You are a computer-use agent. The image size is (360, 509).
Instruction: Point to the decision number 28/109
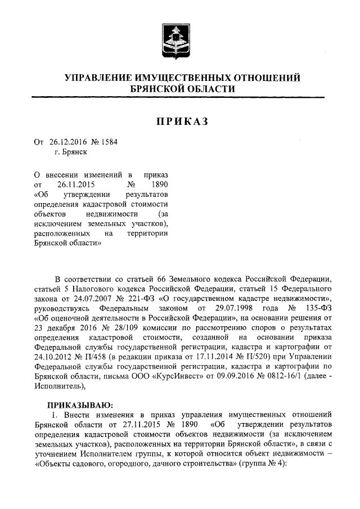[x=129, y=330]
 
